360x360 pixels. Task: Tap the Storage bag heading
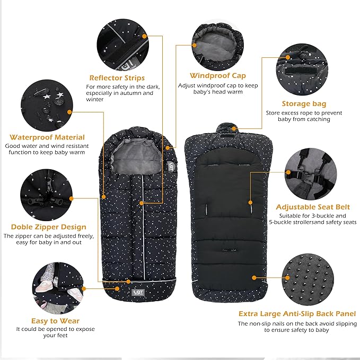click(x=304, y=103)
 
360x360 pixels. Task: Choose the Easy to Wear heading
click(x=55, y=321)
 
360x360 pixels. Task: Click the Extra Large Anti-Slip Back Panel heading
click(x=296, y=313)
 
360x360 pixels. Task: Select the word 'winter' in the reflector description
click(x=95, y=99)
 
